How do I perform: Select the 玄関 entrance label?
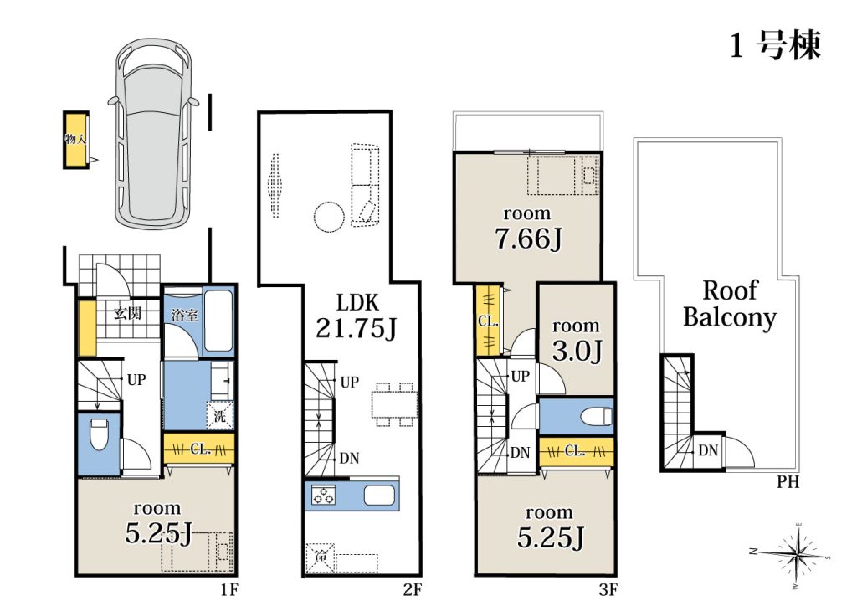pos(128,313)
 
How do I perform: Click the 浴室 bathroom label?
pos(185,315)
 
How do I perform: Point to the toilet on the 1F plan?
pos(99,434)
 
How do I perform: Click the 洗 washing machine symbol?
pos(220,416)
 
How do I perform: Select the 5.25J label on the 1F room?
pos(158,533)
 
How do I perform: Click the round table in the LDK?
pos(329,218)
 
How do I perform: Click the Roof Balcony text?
pos(730,304)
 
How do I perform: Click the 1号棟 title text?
pos(776,46)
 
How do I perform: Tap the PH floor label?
pos(788,482)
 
